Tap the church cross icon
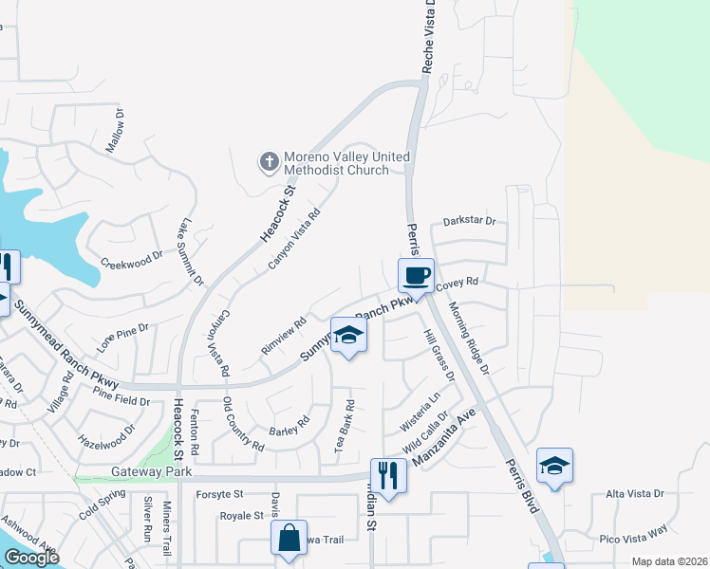[269, 161]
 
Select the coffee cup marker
[415, 276]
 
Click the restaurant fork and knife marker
[387, 472]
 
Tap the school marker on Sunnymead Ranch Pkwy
[348, 335]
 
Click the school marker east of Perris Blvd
[554, 466]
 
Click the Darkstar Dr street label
[469, 222]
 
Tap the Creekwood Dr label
[131, 260]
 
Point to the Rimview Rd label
[283, 336]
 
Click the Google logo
[31, 558]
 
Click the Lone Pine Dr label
[123, 337]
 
